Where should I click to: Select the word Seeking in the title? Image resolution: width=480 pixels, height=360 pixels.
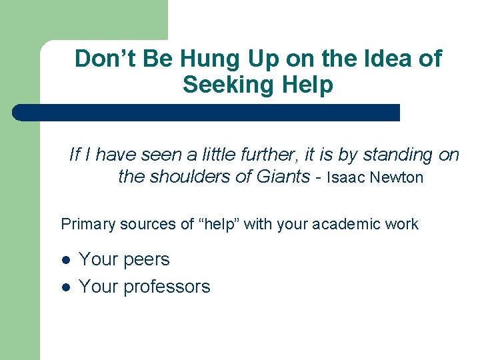(222, 85)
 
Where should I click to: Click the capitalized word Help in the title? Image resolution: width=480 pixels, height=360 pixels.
(307, 85)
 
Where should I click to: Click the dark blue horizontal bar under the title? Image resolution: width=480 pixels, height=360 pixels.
(207, 113)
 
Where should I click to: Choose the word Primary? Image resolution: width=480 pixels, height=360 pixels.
(87, 225)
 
